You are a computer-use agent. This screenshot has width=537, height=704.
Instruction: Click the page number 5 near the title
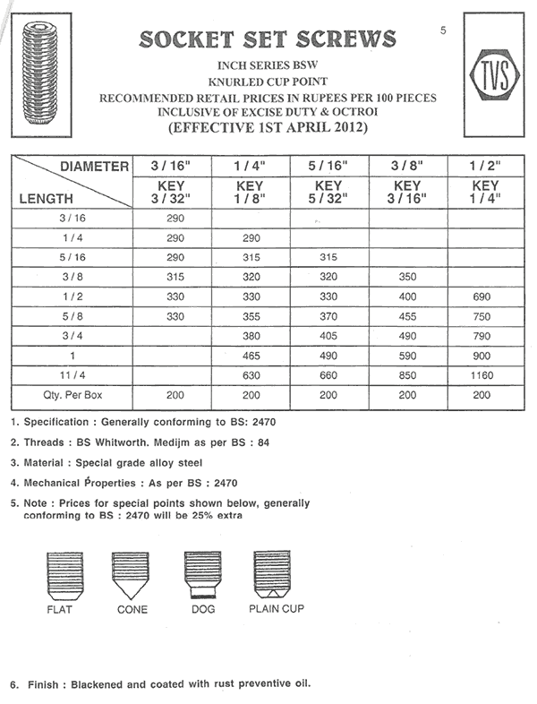pos(444,30)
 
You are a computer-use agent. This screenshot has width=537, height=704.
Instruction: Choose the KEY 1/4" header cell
pos(484,192)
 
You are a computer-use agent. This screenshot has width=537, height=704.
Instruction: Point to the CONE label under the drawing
pos(132,610)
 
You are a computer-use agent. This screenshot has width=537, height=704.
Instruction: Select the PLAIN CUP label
pos(276,609)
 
